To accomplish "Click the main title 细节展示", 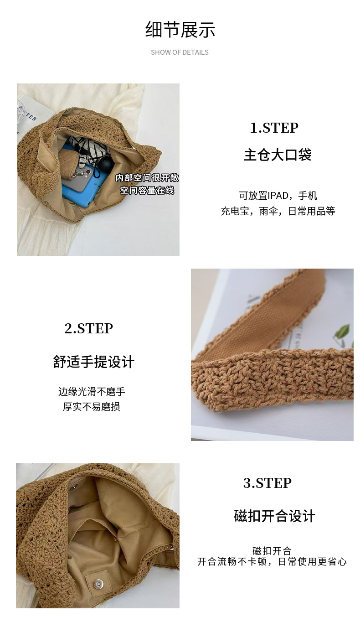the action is point(180,30).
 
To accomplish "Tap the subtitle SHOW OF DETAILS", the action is point(180,52).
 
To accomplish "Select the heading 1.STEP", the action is point(274,128).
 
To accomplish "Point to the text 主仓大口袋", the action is point(278,155).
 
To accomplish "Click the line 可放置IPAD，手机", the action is point(278,196).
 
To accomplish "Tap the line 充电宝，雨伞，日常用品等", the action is point(278,211).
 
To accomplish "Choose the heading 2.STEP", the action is point(89,328).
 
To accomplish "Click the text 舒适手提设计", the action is point(94,362).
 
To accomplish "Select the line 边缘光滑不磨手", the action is point(92,392).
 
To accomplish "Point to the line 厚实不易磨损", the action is point(92,406).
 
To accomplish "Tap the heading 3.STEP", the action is point(267,483).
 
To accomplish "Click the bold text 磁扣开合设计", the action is point(274,516).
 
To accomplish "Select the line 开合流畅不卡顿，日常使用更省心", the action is point(272,561).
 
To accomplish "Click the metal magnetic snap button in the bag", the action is point(98,582).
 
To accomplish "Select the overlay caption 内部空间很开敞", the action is point(147,178).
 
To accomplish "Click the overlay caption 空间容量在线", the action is point(147,190).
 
